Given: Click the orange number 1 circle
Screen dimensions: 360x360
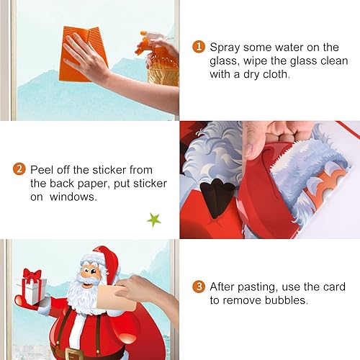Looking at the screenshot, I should (x=198, y=47).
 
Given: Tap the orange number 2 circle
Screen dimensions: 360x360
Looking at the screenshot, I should (x=20, y=170).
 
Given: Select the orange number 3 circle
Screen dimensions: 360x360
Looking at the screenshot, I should (x=198, y=287).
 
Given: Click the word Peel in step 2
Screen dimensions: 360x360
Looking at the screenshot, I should (x=42, y=170).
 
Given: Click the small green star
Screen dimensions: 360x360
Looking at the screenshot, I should (x=153, y=219).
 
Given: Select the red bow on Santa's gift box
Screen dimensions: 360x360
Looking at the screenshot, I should (x=32, y=274).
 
